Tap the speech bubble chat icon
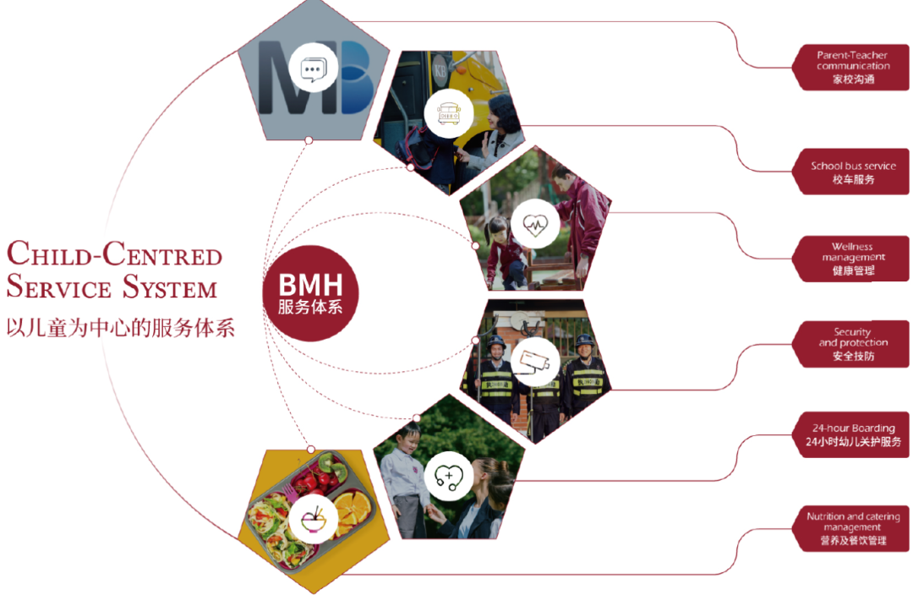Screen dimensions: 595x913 coord(313,67)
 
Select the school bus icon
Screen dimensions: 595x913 coord(449,112)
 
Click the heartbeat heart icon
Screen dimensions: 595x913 coord(535,224)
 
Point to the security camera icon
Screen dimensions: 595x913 coord(534,360)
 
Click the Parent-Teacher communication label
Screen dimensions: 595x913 coord(852,68)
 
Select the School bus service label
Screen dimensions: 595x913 coord(852,172)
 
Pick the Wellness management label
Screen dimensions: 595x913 coord(852,259)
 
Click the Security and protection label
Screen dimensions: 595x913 coord(852,344)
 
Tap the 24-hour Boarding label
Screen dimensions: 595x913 coord(852,435)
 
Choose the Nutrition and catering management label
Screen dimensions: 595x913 coord(852,528)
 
